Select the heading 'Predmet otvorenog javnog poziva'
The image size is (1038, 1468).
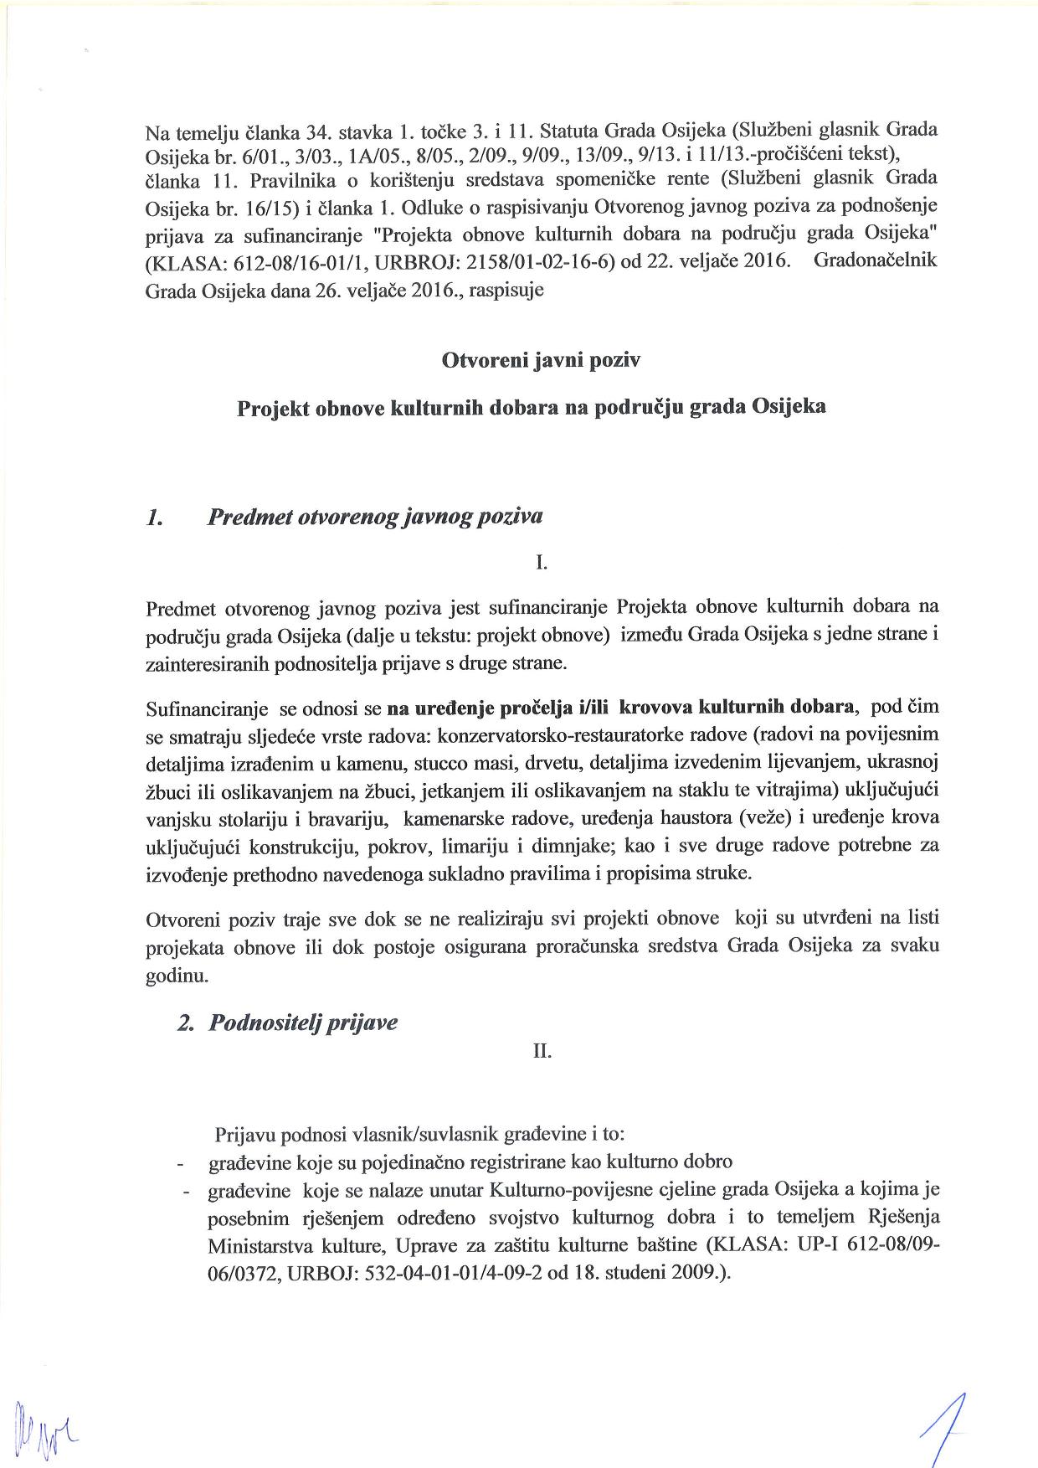[374, 516]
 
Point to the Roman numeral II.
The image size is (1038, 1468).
[542, 1050]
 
